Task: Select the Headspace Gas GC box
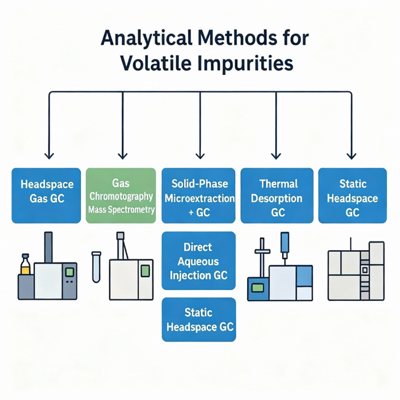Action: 46,195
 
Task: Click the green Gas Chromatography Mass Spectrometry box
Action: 121,195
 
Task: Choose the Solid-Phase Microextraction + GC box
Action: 198,195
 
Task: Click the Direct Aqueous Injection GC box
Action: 198,261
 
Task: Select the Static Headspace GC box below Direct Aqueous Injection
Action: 198,320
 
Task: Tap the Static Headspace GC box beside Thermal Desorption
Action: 352,195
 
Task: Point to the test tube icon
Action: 96,267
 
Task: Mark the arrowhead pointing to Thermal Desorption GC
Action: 276,155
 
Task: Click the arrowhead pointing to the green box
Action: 123,155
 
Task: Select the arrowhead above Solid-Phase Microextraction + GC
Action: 199,155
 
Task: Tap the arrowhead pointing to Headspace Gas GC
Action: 49,155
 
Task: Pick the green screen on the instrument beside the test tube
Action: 145,270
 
